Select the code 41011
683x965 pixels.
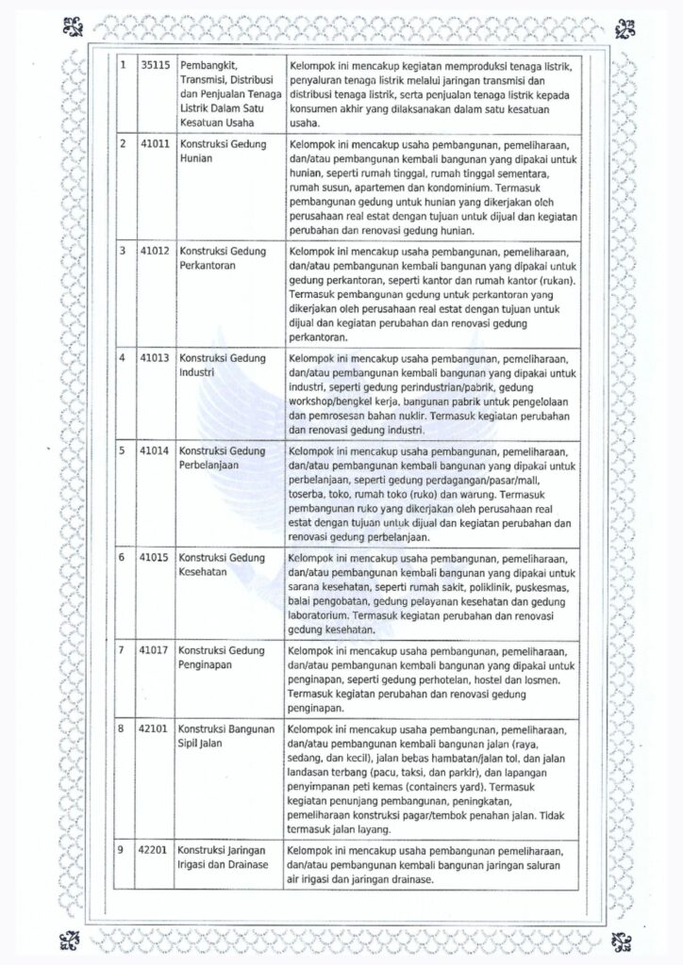point(153,143)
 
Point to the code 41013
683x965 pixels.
point(153,358)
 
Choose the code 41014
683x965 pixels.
point(153,450)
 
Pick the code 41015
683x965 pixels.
point(153,558)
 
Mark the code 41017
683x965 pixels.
point(153,650)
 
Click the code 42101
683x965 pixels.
point(153,728)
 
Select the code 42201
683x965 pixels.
point(153,850)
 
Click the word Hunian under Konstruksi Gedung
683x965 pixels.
point(194,158)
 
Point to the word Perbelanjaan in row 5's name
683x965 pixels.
point(210,466)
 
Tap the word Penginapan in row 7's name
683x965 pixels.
point(206,665)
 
